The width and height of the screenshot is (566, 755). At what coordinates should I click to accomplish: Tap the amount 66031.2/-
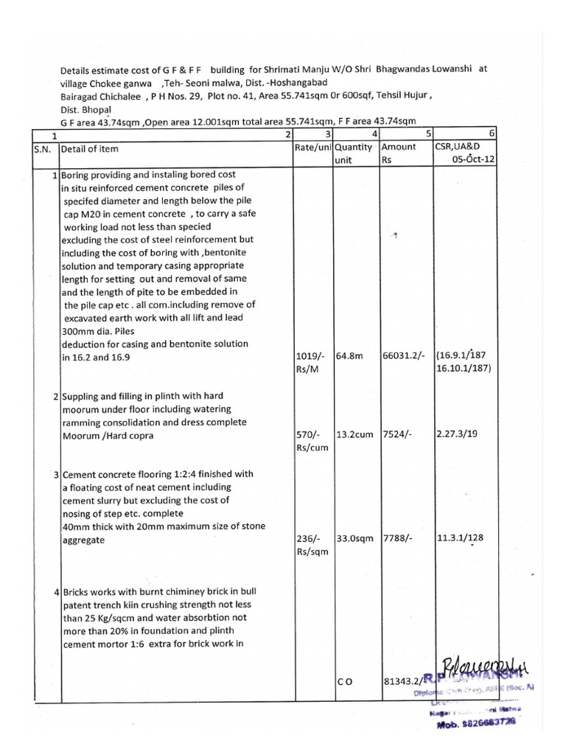click(402, 357)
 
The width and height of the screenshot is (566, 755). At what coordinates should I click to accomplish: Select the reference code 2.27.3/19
click(457, 434)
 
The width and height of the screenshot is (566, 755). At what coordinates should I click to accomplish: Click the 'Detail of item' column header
click(90, 149)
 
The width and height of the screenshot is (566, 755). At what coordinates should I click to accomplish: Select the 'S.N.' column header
click(41, 149)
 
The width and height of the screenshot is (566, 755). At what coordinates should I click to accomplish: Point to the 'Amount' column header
click(399, 147)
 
